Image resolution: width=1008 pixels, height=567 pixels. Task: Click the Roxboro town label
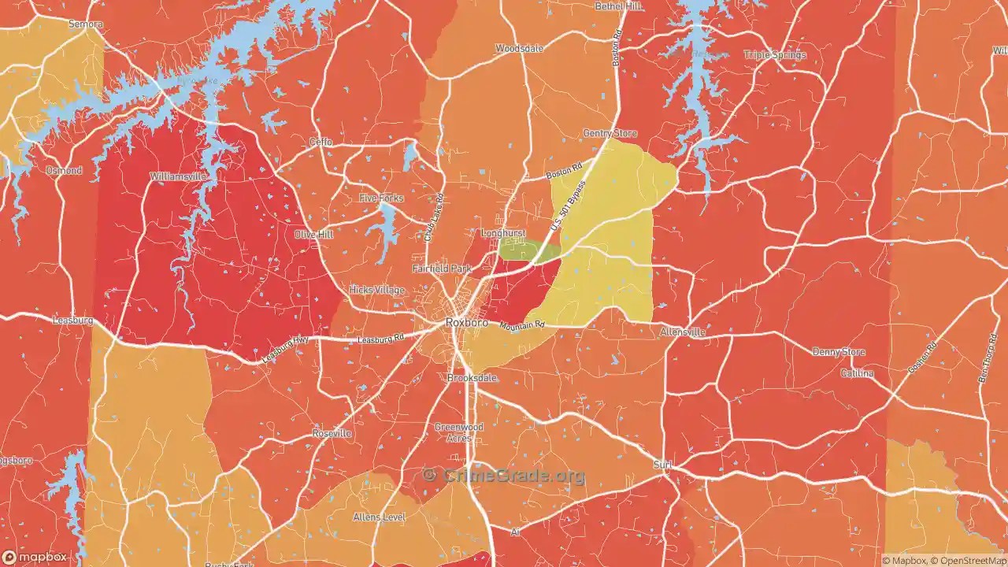(467, 322)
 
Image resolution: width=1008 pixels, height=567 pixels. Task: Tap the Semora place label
(85, 24)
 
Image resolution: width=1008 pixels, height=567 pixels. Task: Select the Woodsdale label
(519, 49)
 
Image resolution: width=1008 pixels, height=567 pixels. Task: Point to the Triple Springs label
(775, 55)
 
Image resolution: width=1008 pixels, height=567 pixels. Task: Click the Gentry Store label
(610, 134)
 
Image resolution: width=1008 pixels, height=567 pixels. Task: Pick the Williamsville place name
(178, 176)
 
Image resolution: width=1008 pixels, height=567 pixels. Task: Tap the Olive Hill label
(313, 235)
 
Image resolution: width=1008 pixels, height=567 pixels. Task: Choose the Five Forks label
(381, 198)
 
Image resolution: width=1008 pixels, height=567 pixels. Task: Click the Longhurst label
(503, 234)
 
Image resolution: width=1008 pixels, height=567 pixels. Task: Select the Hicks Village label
(376, 290)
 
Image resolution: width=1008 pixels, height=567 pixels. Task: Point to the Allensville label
(683, 333)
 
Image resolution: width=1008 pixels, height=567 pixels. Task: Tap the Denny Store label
(838, 352)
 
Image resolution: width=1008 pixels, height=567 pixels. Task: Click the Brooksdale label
(472, 378)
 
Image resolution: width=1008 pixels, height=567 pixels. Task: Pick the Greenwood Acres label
(454, 432)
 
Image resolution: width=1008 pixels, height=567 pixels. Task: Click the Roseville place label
(332, 434)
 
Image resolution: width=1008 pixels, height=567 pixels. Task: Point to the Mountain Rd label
(521, 325)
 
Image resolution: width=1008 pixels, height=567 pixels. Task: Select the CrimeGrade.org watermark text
(504, 476)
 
